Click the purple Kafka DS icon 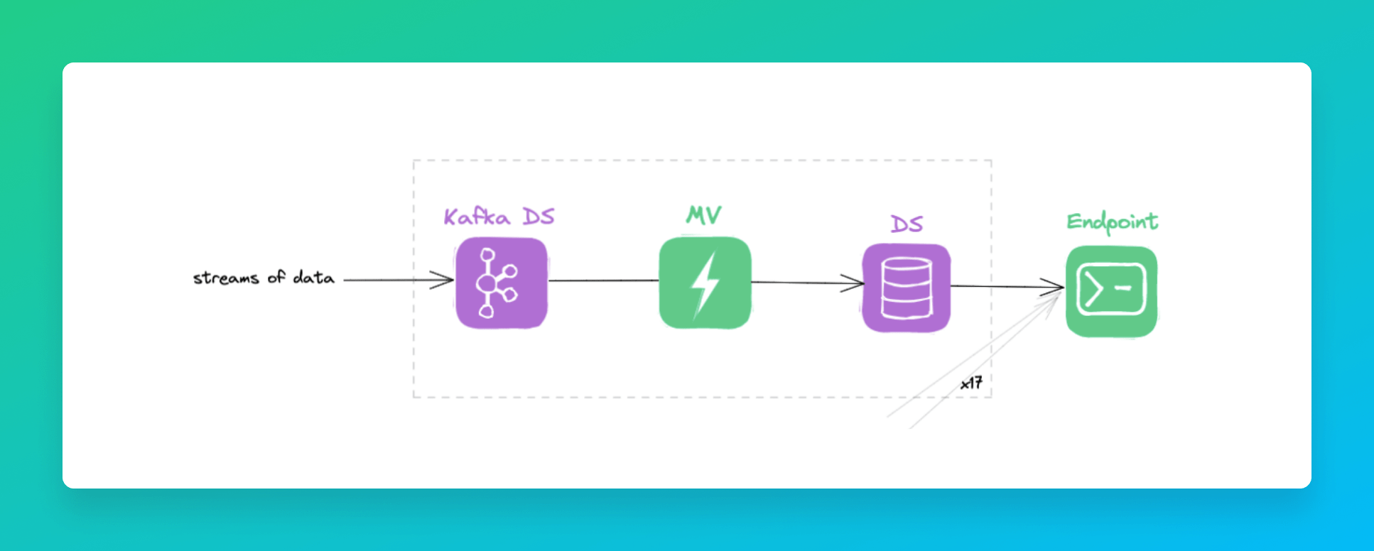501,283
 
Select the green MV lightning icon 705,283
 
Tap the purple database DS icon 906,288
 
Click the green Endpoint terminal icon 1111,291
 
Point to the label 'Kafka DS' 499,217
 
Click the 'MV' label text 704,214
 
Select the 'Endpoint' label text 1112,222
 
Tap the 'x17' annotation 971,383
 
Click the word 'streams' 225,278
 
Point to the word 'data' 313,277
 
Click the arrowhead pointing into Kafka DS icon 446,280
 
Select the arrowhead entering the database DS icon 856,283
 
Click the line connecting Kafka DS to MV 603,280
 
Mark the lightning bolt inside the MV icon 705,284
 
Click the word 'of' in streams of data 276,277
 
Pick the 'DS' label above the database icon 907,224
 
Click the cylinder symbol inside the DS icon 906,288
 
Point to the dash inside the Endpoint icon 1123,288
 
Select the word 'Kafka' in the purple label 477,217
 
